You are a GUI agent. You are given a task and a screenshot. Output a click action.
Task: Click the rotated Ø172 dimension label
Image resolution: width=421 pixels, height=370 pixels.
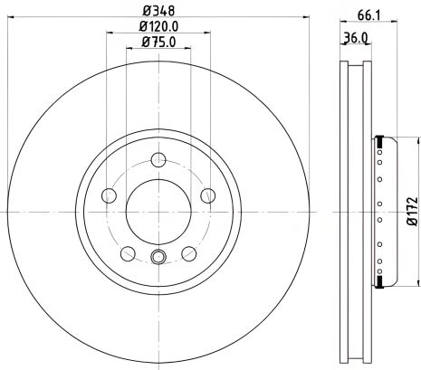pyautogui.click(x=410, y=212)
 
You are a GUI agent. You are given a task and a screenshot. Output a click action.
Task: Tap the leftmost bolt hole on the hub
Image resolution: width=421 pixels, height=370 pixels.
pyautogui.click(x=110, y=195)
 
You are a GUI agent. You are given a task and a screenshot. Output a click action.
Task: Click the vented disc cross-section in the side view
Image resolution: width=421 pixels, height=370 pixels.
pyautogui.click(x=357, y=212)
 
